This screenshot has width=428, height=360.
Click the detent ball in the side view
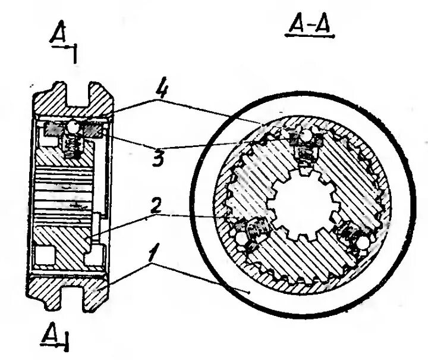(73, 126)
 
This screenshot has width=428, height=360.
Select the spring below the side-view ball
(73, 145)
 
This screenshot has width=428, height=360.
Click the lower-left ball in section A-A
(240, 238)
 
